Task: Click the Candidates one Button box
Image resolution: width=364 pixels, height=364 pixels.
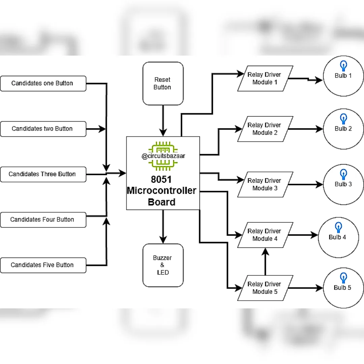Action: click(x=43, y=83)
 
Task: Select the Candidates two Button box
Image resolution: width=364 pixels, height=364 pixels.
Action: click(x=43, y=129)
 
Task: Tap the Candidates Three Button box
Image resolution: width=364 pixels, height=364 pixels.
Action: click(x=43, y=174)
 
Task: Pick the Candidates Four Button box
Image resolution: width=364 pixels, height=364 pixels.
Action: click(x=43, y=220)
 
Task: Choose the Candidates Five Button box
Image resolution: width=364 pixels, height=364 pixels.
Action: click(x=43, y=265)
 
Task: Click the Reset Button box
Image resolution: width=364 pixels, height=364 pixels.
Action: click(x=163, y=84)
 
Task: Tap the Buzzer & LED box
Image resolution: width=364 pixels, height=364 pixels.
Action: click(x=163, y=265)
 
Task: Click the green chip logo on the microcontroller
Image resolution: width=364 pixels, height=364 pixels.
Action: click(x=163, y=156)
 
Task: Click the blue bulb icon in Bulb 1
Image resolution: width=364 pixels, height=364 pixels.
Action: click(x=343, y=66)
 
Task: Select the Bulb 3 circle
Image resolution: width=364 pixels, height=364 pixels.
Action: click(x=343, y=185)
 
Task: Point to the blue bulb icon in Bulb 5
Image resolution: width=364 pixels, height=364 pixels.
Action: click(x=343, y=278)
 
